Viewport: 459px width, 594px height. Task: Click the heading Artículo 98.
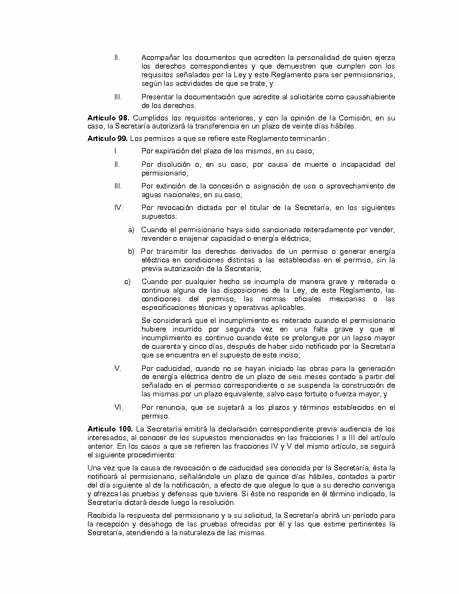pyautogui.click(x=108, y=118)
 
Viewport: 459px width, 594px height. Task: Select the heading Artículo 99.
pyautogui.click(x=108, y=138)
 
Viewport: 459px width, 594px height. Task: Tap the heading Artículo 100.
pyautogui.click(x=110, y=429)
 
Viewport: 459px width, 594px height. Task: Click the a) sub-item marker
pyautogui.click(x=131, y=230)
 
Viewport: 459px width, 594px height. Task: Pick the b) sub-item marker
pyautogui.click(x=131, y=251)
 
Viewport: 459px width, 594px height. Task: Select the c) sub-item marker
pyautogui.click(x=127, y=281)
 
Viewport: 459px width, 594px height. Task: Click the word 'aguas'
pyautogui.click(x=151, y=194)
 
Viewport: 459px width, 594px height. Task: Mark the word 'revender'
pyautogui.click(x=156, y=238)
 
